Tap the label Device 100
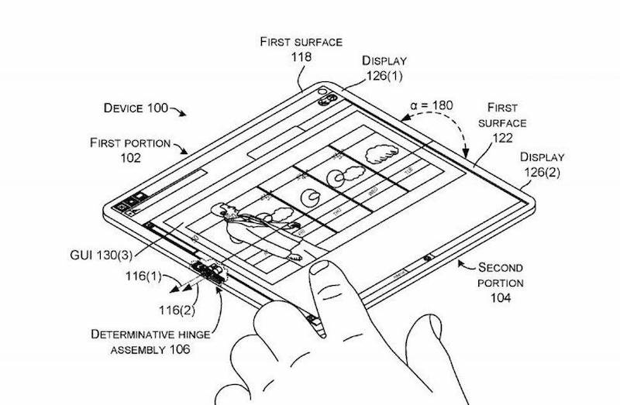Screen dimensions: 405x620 [136, 108]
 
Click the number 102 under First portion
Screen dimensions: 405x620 [129, 158]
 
